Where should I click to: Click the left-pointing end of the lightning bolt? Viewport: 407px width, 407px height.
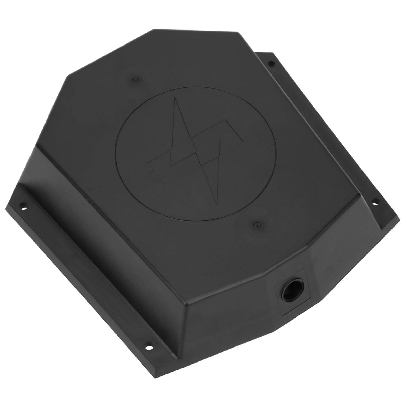pyautogui.click(x=149, y=171)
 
